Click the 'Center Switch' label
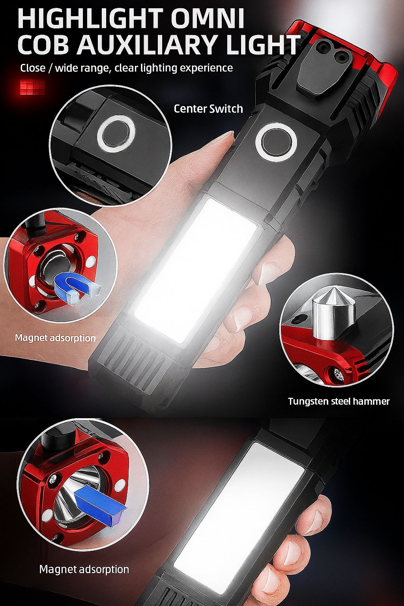pos(208,108)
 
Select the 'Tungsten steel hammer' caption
pos(339,401)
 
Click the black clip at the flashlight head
pos(320,69)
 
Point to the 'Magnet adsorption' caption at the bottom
pos(84,569)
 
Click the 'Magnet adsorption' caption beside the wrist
pos(55,338)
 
